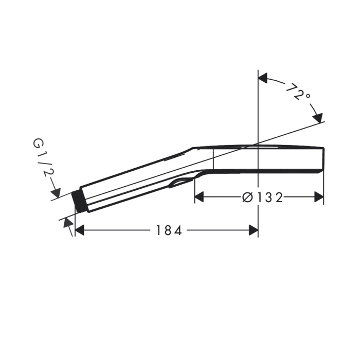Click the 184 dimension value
[169, 230]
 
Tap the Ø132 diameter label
[262, 197]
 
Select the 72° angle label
[298, 92]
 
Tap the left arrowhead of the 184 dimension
[80, 230]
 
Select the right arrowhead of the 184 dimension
[254, 230]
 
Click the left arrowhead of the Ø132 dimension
[199, 197]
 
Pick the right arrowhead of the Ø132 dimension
[319, 197]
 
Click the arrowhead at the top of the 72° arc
[263, 78]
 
